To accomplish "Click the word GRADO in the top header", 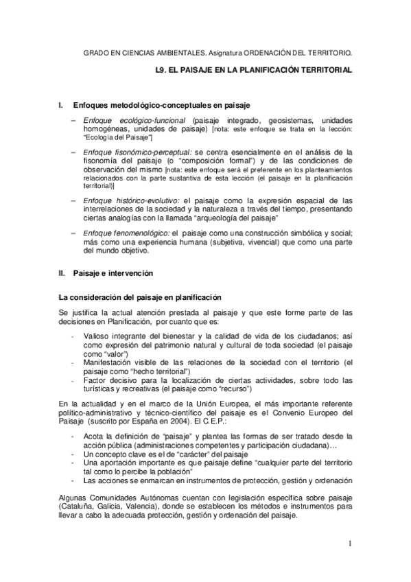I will [x=95, y=51].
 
